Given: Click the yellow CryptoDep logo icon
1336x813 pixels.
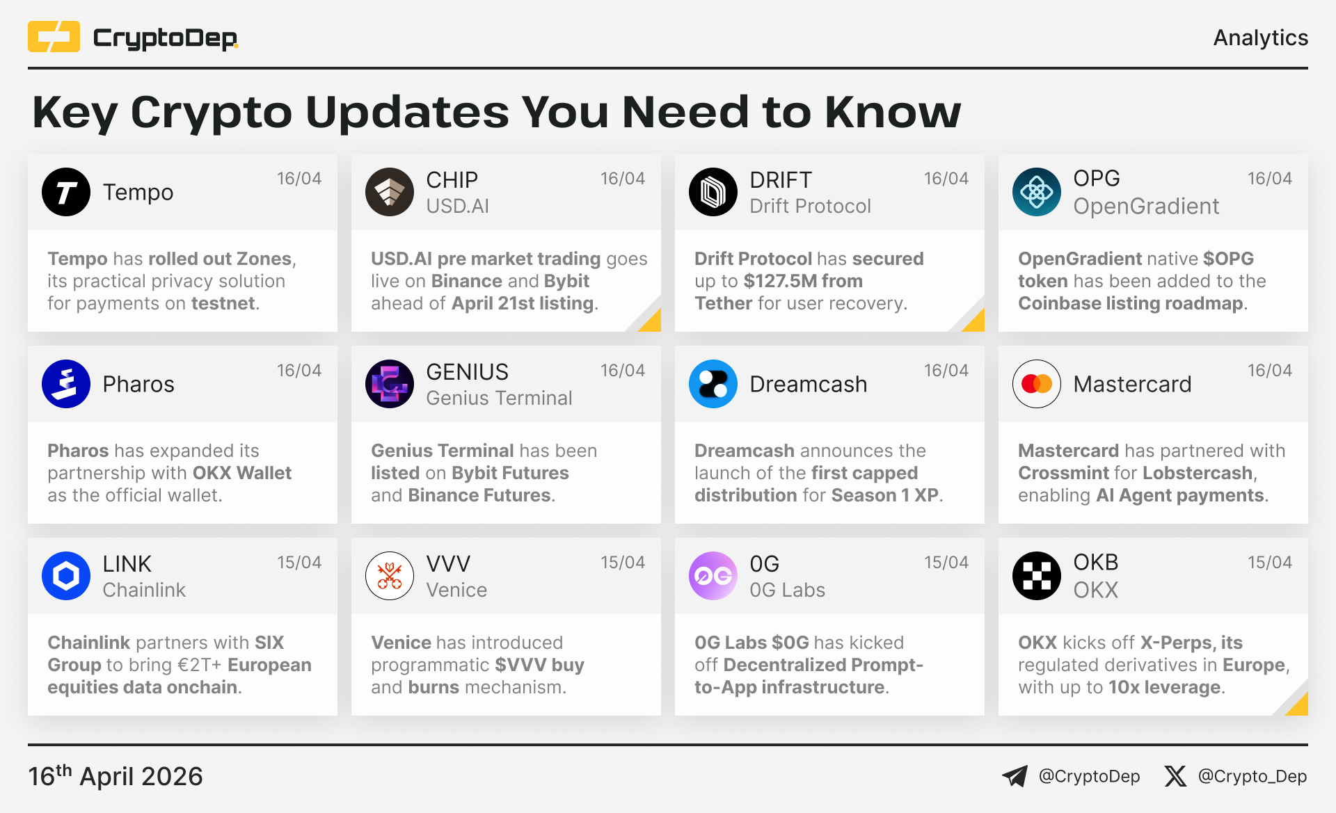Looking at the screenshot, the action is pos(54,37).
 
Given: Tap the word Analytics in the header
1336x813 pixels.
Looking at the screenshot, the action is pos(1260,38).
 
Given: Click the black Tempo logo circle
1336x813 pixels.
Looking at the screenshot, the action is pos(66,192).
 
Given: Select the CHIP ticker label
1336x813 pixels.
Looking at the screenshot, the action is pos(452,179).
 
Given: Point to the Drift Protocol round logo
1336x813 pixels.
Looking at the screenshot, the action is pos(713,192).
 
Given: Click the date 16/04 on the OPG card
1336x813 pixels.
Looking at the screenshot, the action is pos(1269,179).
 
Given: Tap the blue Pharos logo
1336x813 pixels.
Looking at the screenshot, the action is pos(66,384).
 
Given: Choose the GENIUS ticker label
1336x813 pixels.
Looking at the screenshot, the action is pos(467,371).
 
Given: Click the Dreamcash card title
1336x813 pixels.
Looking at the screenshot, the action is pos(809,384).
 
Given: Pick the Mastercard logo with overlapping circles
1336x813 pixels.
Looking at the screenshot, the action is pos(1037,384).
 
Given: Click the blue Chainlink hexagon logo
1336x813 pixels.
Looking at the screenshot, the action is pos(66,576).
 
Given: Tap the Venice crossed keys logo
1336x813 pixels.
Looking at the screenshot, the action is pos(390,576).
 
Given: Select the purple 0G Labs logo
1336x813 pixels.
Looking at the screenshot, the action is pos(713,576).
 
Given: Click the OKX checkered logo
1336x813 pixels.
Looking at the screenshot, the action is pos(1037,576).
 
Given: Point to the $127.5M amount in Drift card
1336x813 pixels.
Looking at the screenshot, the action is pos(779,281).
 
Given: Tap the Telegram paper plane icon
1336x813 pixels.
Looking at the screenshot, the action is pos(1015,776).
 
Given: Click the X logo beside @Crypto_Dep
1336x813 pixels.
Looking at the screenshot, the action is pos(1175,776).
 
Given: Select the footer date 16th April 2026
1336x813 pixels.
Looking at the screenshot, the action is pos(116,775).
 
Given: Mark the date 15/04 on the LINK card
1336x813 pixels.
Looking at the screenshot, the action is pos(299,563).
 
